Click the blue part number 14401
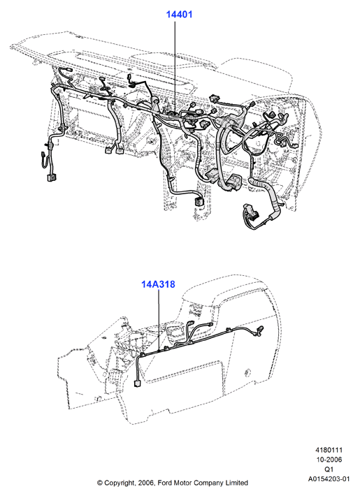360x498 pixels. coord(179,14)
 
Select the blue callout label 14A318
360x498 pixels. coord(158,284)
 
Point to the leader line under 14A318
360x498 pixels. coord(159,320)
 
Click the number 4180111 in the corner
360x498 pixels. coord(329,450)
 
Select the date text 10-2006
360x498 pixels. coord(329,460)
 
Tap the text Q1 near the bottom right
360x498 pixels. coord(329,469)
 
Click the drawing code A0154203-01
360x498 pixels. coord(329,478)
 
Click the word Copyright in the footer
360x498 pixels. coord(120,483)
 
